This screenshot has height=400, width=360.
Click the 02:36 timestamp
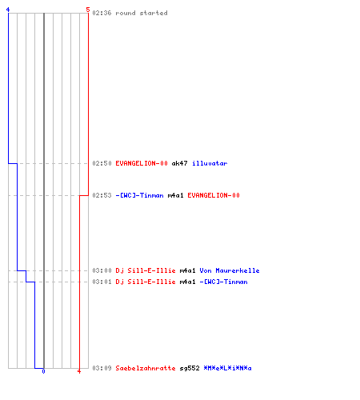102,13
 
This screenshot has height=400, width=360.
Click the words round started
142,13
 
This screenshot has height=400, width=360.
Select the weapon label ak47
179,163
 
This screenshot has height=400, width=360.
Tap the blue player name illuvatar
210,163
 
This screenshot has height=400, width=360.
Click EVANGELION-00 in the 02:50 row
142,163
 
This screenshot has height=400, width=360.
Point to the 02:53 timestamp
102,195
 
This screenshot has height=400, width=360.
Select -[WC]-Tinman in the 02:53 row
139,195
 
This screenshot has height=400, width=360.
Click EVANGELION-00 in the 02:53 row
214,195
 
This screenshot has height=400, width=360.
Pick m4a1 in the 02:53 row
175,195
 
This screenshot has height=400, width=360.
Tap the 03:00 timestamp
102,270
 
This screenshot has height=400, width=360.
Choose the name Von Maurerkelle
230,270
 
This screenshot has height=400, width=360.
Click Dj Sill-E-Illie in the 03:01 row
146,282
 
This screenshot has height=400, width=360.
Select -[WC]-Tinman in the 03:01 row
223,282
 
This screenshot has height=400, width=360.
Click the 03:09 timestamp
102,368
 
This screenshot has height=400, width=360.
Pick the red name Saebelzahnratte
146,368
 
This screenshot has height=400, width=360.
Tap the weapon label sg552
190,368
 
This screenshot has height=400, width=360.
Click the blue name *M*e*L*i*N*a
227,368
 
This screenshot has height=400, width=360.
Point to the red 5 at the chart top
88,10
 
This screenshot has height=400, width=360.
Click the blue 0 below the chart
43,371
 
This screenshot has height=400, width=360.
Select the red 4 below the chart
79,371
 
